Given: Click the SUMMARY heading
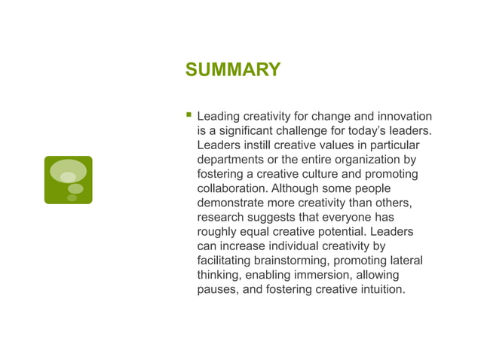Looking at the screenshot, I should [x=233, y=70].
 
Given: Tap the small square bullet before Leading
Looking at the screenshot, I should [x=188, y=116].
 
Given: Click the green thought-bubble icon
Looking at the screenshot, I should [x=68, y=180].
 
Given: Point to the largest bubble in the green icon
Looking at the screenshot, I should [x=68, y=170].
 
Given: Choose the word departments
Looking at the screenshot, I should [x=231, y=160].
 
